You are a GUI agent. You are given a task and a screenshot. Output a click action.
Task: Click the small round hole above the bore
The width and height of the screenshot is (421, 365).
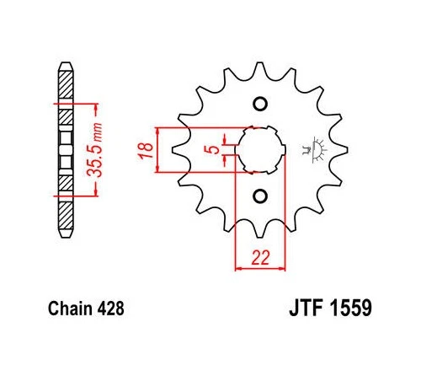pyautogui.click(x=259, y=104)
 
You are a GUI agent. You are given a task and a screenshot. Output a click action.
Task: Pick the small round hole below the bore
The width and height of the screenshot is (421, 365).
pyautogui.click(x=259, y=196)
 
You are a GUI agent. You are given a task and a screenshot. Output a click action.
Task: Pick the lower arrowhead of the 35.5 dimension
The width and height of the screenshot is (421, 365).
pyautogui.click(x=99, y=191)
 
